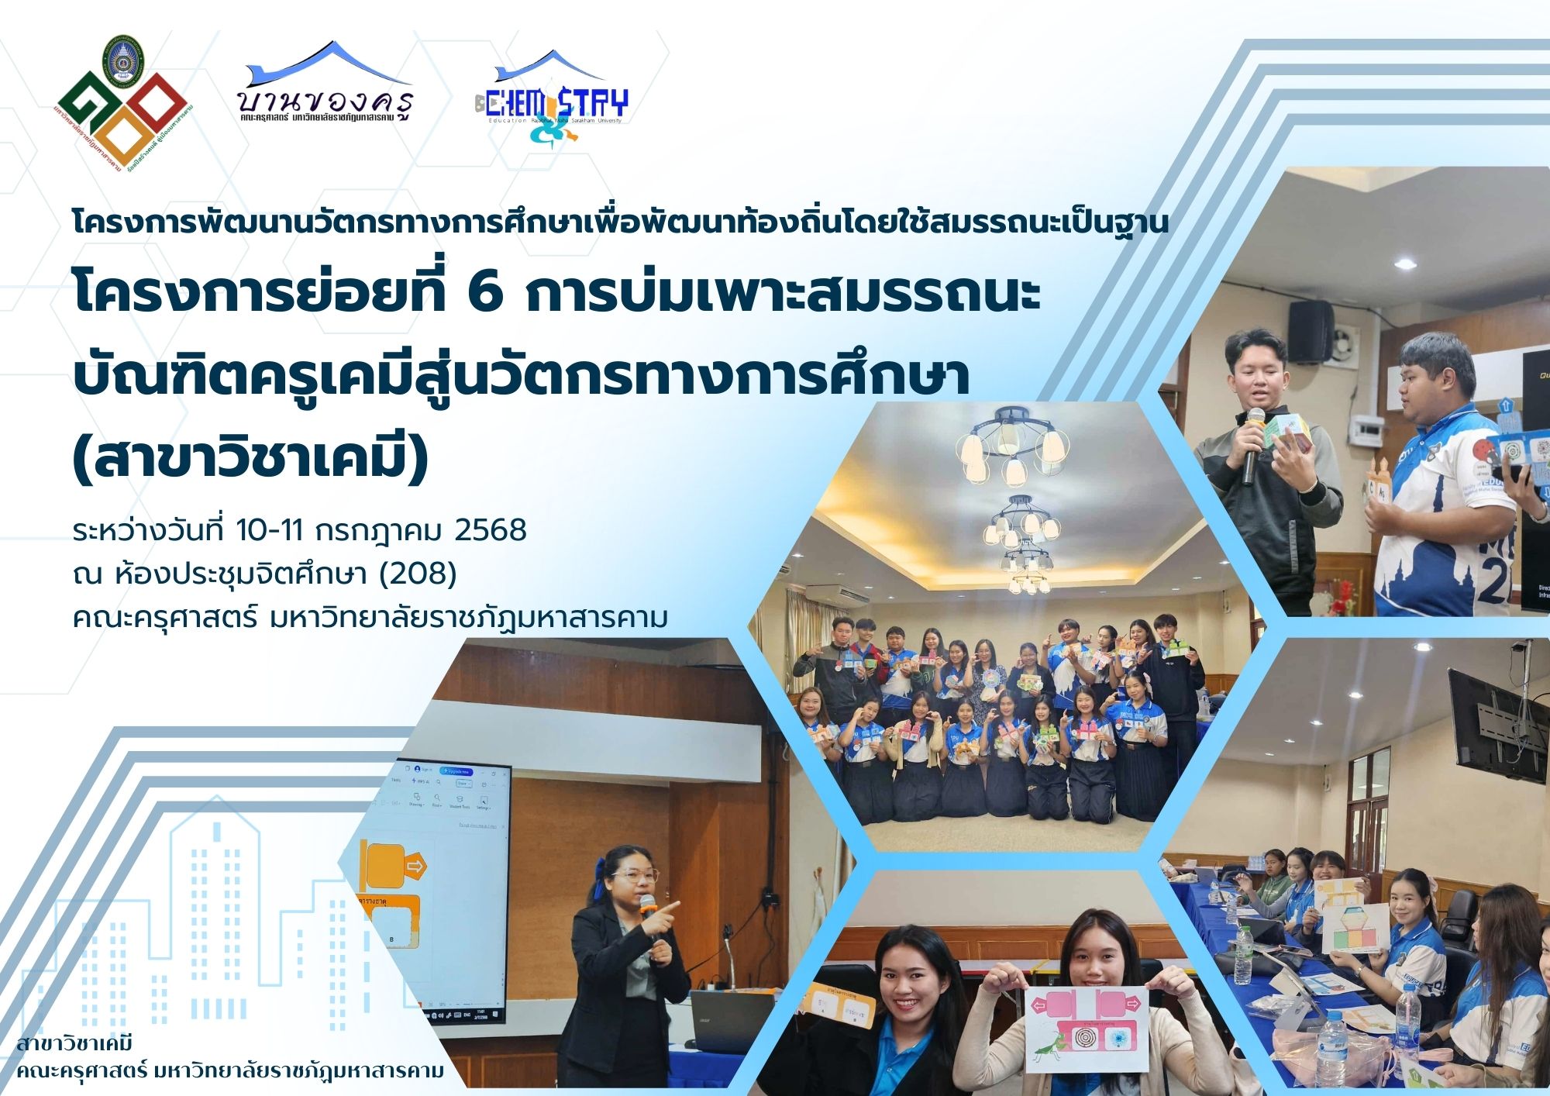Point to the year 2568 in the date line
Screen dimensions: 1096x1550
pos(491,531)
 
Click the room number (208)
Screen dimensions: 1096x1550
pos(418,574)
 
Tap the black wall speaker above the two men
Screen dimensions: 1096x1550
pos(1311,332)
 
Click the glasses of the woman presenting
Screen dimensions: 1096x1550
pos(634,876)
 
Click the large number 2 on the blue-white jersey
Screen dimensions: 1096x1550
pos(1492,577)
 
